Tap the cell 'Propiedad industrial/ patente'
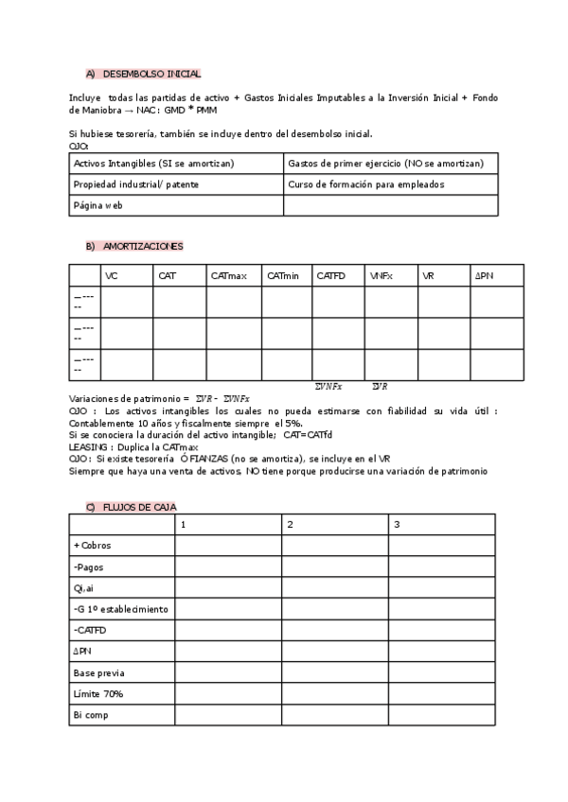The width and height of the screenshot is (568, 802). click(136, 184)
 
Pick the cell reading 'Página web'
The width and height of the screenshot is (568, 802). click(98, 204)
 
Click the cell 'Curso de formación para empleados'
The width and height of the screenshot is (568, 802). click(365, 184)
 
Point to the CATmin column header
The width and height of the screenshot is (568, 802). click(282, 275)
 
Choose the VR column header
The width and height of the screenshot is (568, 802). click(429, 275)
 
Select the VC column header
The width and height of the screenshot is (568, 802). click(113, 275)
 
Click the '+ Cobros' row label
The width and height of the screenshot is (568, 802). click(92, 545)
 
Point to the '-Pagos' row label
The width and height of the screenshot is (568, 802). click(88, 567)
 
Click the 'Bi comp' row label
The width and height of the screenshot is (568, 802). click(91, 715)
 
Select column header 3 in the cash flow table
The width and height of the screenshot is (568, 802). click(398, 524)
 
